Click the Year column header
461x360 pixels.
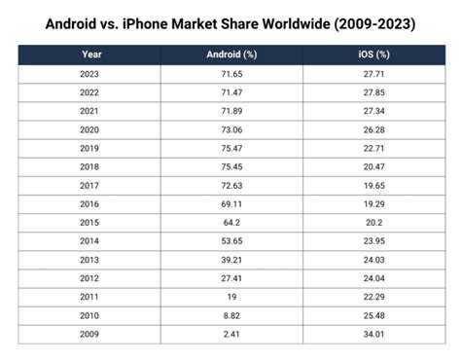coord(92,54)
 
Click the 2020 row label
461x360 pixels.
coord(92,129)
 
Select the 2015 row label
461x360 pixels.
coord(92,222)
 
